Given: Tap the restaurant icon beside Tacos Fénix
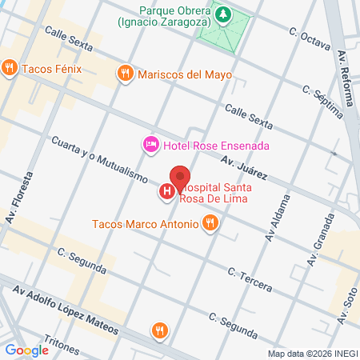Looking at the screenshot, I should click(x=10, y=68).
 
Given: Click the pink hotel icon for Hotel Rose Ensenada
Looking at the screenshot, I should click(x=150, y=145).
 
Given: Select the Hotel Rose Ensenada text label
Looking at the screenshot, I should click(x=215, y=145).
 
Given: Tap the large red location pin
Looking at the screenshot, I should click(x=180, y=177).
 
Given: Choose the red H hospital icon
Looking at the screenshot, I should click(x=166, y=191).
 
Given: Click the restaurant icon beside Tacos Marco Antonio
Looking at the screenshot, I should click(x=210, y=223).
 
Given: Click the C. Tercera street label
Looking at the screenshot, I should click(x=250, y=279).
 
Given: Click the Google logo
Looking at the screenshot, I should click(x=26, y=350).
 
